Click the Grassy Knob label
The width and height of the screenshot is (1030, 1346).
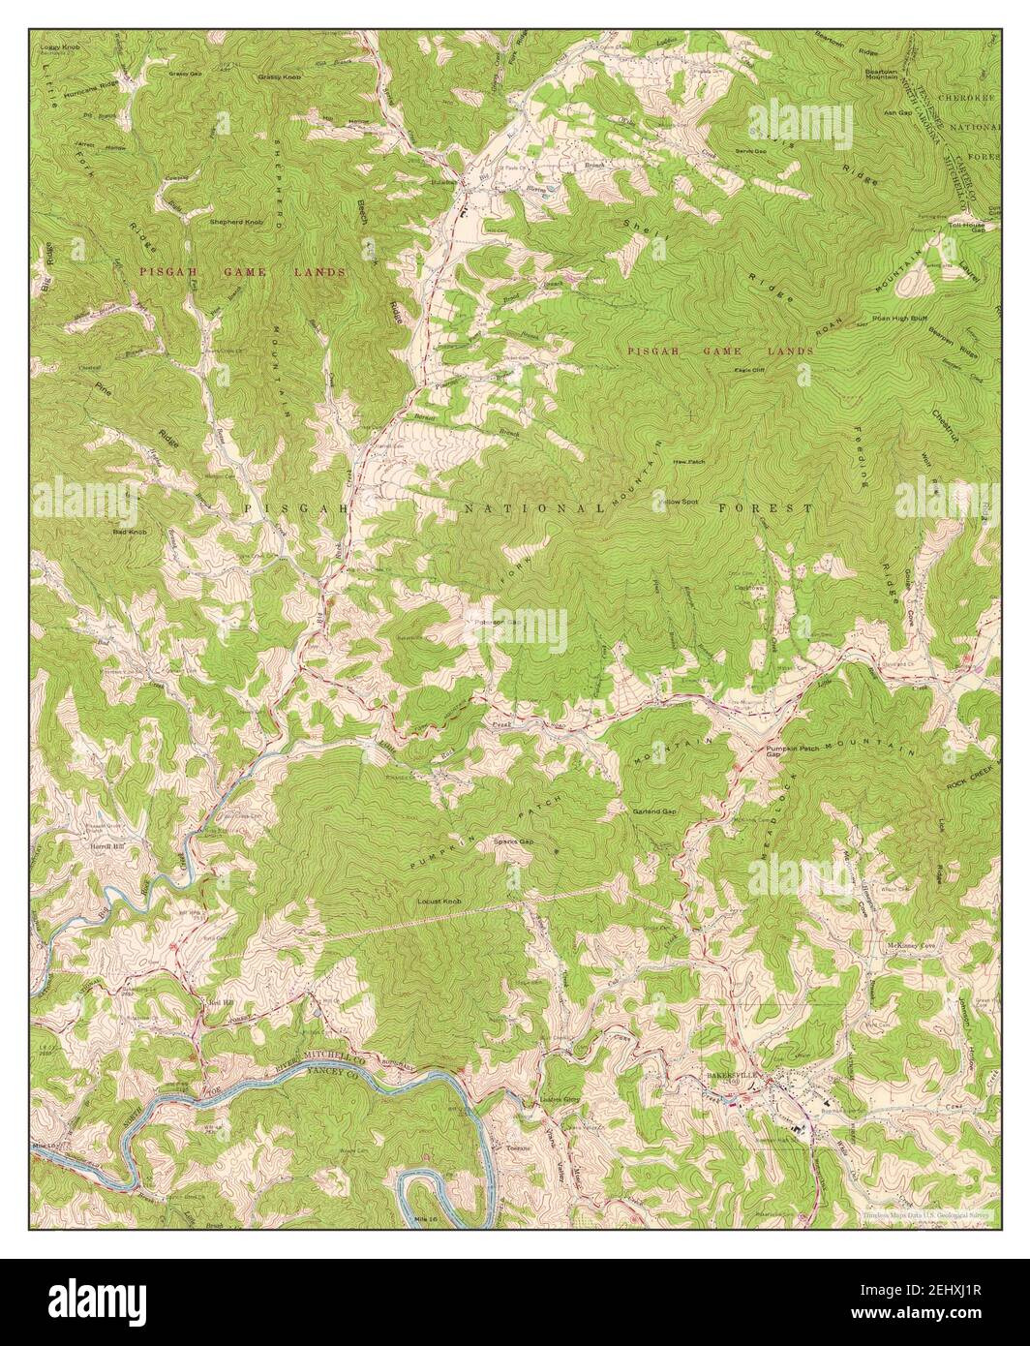[280, 76]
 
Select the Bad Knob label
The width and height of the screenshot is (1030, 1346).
[129, 532]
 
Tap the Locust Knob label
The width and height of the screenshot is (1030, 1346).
[439, 902]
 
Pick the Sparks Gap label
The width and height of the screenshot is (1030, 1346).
[514, 842]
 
